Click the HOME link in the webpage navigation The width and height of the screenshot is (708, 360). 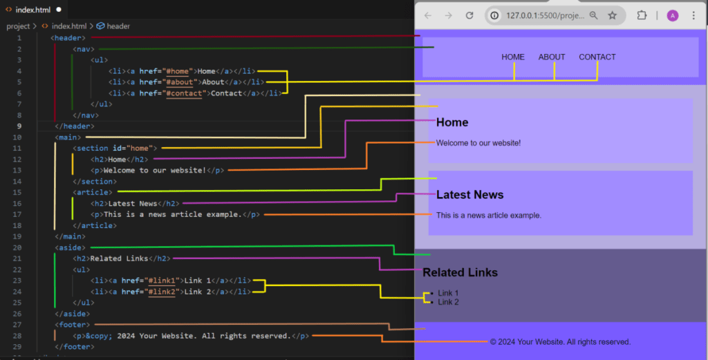513,57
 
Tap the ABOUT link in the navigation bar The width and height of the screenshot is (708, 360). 552,57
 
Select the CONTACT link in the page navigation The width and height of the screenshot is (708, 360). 597,57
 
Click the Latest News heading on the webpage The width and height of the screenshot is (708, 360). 469,195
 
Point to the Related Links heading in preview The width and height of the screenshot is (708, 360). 460,272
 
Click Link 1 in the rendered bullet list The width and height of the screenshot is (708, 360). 448,294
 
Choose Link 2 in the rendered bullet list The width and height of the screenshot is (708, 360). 448,302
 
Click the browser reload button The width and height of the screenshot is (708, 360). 469,15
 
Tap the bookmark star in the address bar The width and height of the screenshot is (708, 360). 612,15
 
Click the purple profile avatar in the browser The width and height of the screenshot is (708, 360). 672,15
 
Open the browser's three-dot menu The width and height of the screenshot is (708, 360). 693,15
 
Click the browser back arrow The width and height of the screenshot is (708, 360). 428,15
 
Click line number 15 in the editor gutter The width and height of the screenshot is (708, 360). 17,192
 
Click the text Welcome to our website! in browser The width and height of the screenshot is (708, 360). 478,143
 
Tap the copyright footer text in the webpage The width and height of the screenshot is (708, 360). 560,342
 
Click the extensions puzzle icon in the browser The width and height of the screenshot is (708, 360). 642,15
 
